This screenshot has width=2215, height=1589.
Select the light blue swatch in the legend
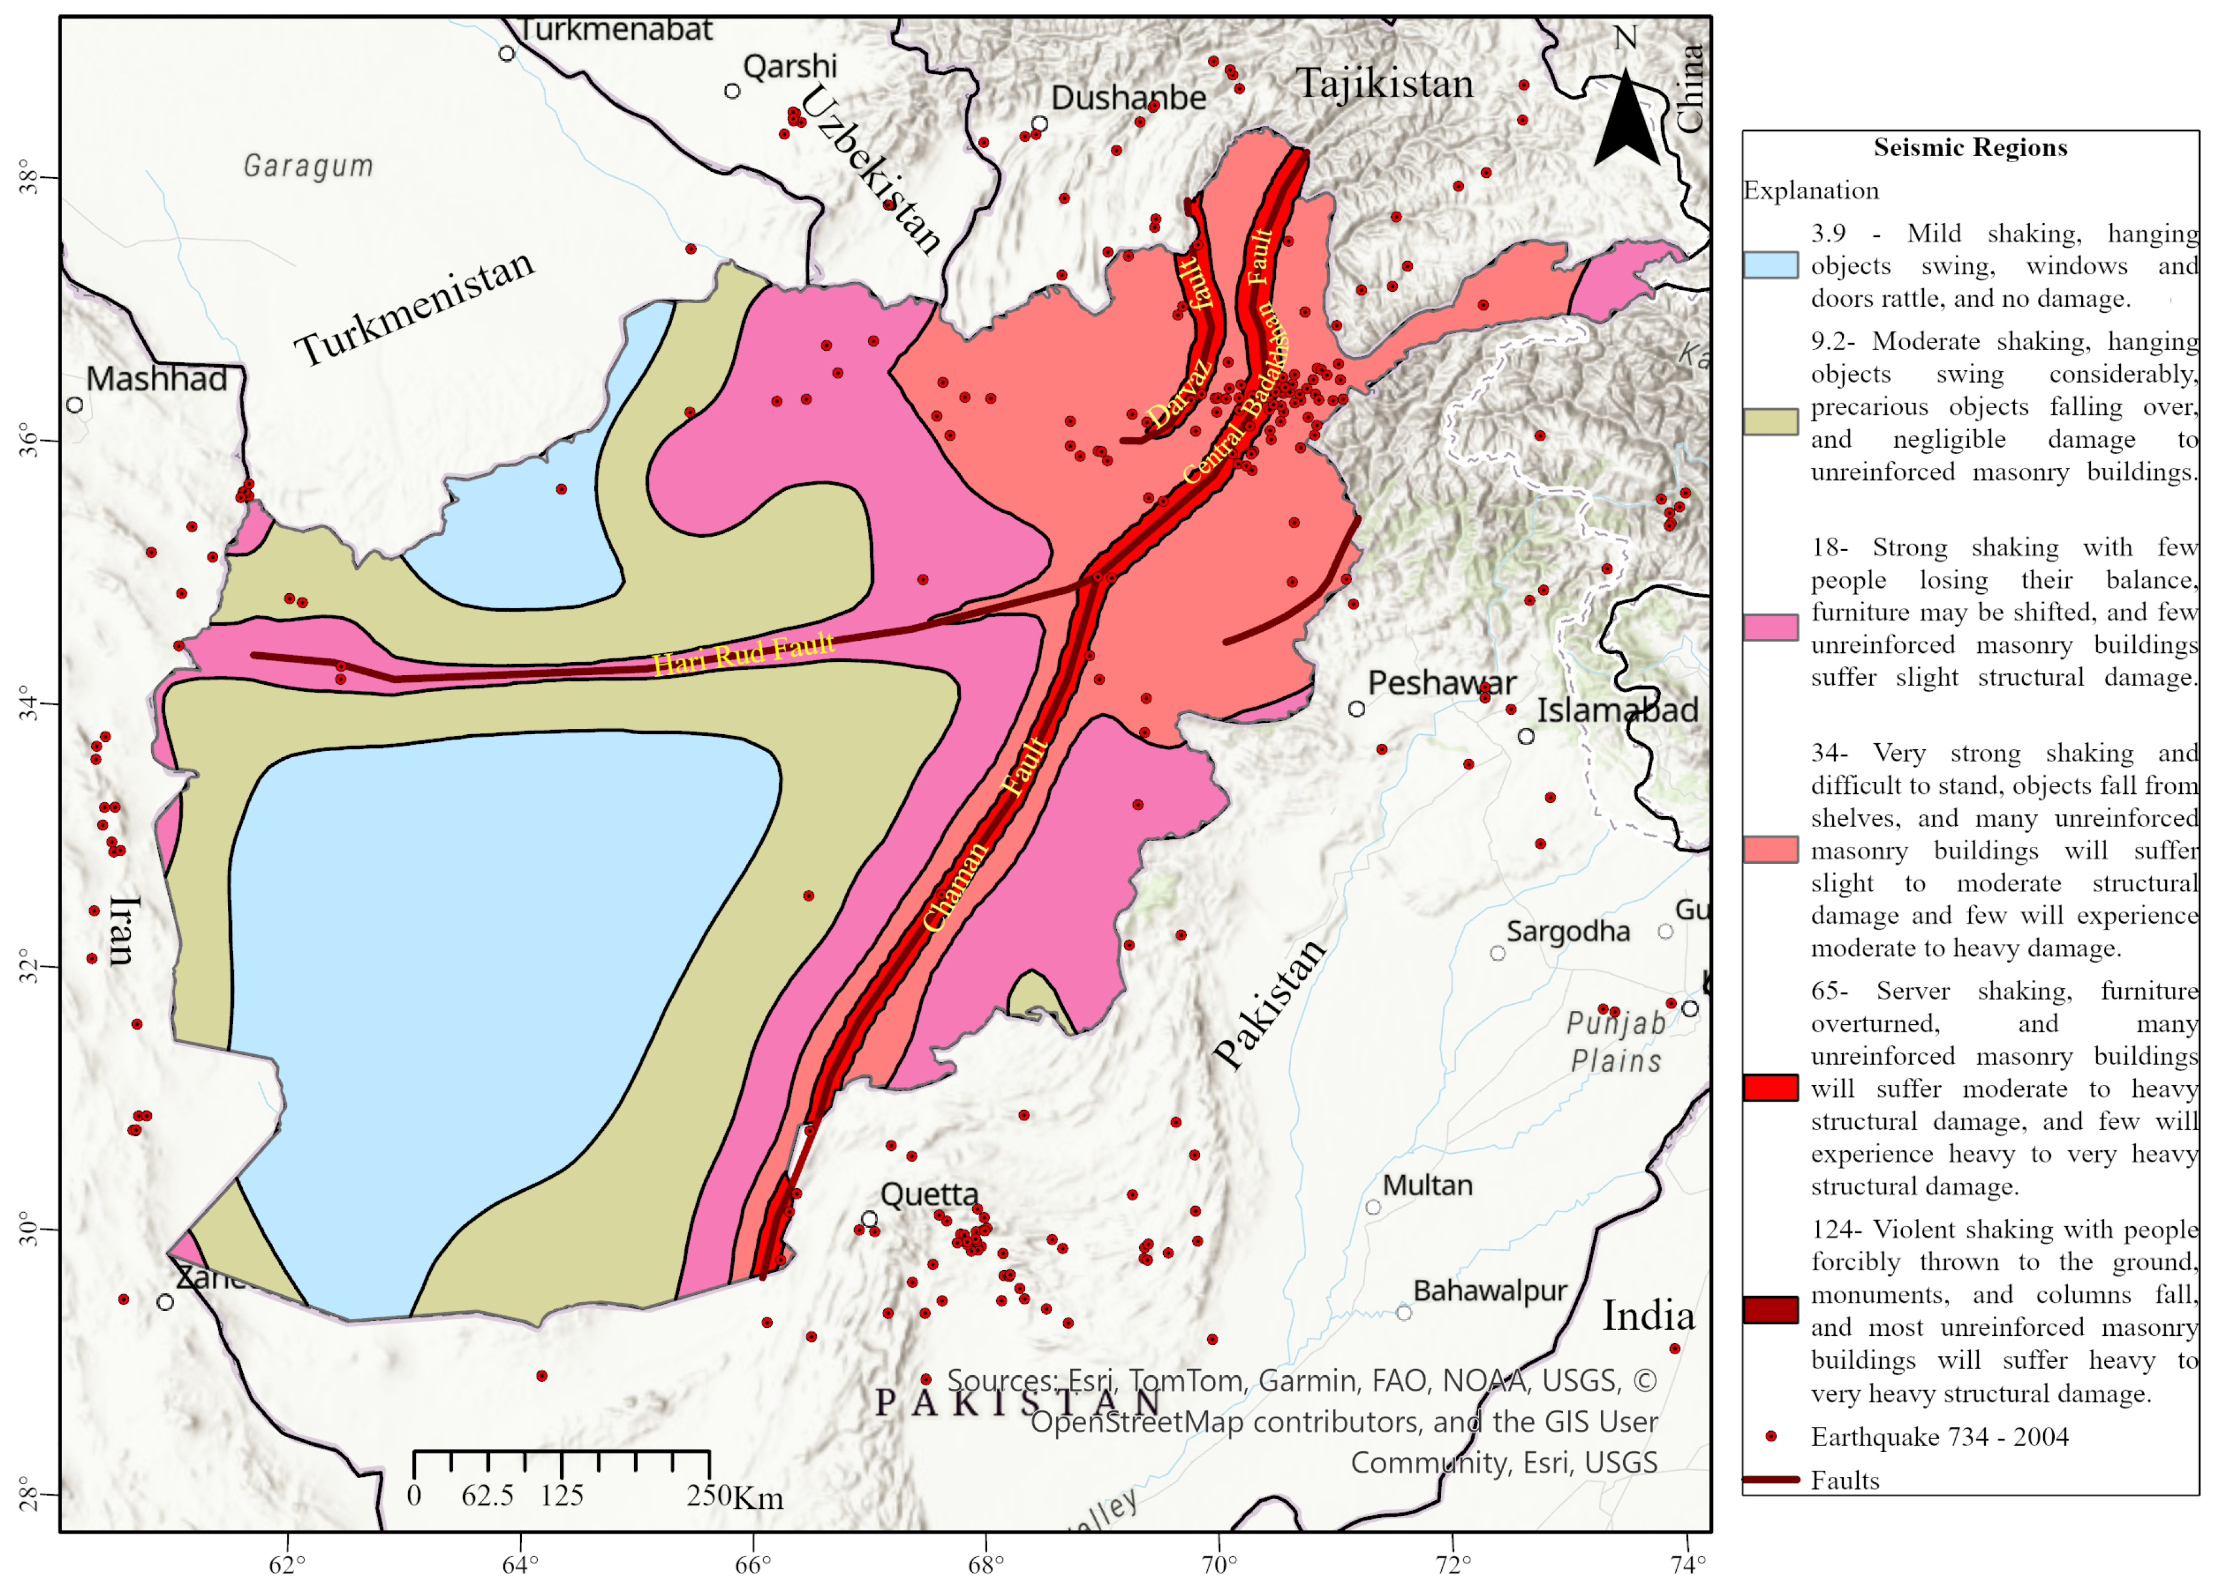[1770, 265]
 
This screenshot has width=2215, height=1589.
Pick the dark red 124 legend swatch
[1770, 1310]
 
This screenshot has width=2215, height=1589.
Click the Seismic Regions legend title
[1969, 148]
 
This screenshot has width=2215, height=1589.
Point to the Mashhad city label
[156, 379]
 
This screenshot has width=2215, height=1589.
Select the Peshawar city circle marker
[1356, 709]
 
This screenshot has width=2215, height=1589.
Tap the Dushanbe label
[1128, 98]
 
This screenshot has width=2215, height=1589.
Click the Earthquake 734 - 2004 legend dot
[1770, 1436]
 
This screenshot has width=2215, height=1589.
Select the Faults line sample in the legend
[1770, 1480]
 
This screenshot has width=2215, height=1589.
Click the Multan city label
[1427, 1186]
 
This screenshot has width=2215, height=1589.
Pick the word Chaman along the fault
[955, 886]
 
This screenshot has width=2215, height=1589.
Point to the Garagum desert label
[307, 166]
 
